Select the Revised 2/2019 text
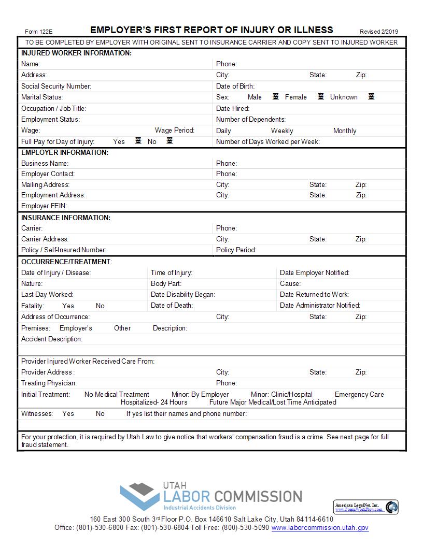[378, 31]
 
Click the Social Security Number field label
[56, 86]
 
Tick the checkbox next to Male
[276, 96]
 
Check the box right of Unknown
[371, 96]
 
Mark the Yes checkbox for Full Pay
[138, 141]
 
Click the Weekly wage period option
[282, 131]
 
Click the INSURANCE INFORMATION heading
[66, 218]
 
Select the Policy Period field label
[236, 250]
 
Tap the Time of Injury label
[171, 272]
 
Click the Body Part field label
[166, 283]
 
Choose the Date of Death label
[172, 305]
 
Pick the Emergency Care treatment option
[359, 394]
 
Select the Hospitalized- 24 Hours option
[154, 402]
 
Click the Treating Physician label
[49, 383]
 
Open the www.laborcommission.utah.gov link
[320, 527]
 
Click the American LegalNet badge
[365, 507]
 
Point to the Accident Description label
[52, 339]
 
